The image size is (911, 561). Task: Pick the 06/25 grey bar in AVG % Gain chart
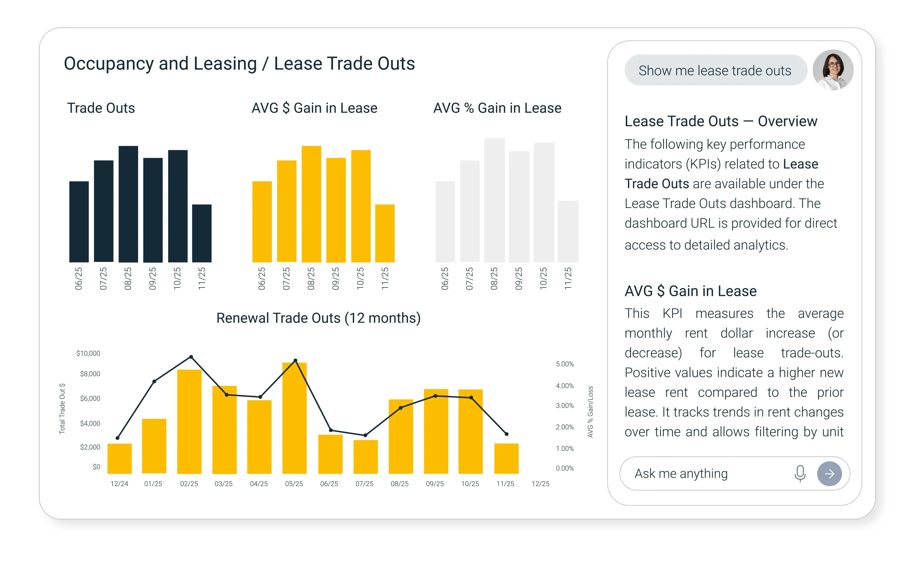click(445, 222)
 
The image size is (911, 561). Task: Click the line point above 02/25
click(191, 357)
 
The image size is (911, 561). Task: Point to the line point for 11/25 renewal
click(507, 434)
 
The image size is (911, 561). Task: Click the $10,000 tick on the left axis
click(88, 353)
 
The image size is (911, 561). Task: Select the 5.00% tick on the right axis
click(564, 364)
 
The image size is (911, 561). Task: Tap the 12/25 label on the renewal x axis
click(540, 484)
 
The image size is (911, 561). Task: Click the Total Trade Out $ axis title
click(62, 408)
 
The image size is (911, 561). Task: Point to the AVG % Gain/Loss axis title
click(590, 412)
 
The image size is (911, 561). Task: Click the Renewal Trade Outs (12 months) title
click(318, 318)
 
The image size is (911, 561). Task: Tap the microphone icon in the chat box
click(800, 473)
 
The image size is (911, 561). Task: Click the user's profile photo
click(833, 70)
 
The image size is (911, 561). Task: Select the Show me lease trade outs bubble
click(715, 70)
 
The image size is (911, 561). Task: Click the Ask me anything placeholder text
click(681, 473)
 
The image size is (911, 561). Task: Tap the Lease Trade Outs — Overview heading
click(720, 121)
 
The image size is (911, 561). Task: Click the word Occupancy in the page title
click(109, 63)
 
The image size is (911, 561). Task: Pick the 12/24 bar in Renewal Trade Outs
click(119, 459)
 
